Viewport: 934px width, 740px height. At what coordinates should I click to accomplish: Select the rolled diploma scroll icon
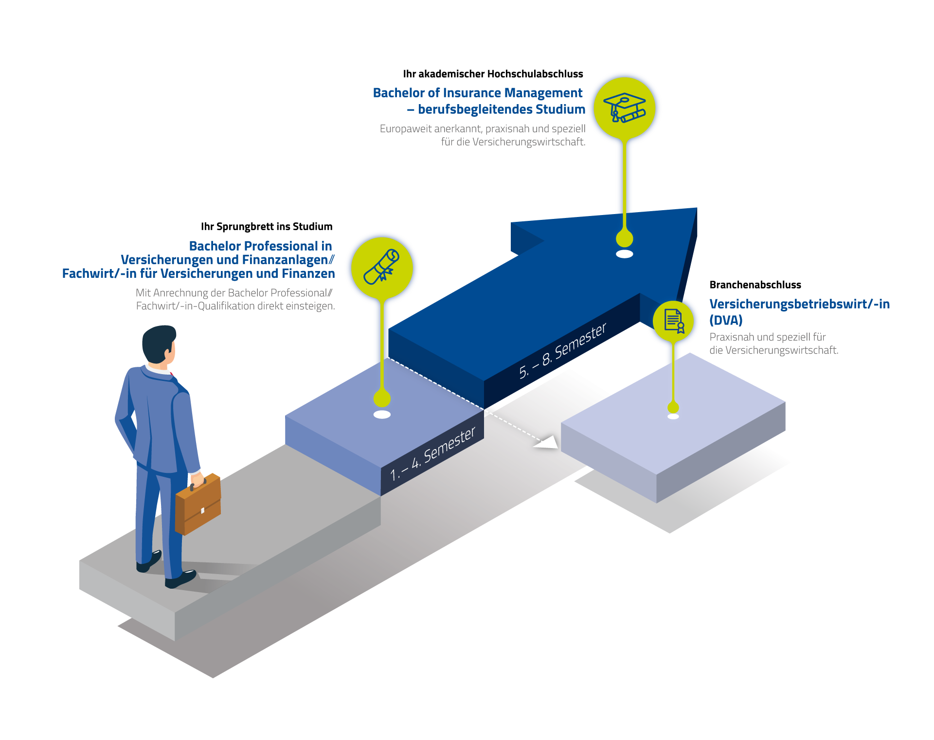(x=382, y=267)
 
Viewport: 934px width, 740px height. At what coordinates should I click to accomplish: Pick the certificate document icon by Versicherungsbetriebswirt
(x=673, y=321)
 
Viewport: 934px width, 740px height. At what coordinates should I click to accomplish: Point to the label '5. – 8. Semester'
(x=562, y=350)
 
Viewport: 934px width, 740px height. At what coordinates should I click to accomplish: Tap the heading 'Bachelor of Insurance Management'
(x=477, y=93)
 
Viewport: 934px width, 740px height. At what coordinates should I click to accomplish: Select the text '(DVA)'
(x=726, y=320)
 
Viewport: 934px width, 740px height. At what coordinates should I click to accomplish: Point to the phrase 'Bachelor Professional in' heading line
(x=260, y=246)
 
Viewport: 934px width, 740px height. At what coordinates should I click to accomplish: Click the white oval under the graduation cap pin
(x=624, y=254)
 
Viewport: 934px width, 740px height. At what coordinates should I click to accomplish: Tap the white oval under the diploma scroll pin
(x=382, y=415)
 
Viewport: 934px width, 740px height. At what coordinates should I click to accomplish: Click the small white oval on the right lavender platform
(x=673, y=416)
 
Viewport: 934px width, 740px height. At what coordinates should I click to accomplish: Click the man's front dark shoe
(x=180, y=579)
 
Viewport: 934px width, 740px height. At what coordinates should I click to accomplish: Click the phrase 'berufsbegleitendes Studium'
(x=502, y=109)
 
